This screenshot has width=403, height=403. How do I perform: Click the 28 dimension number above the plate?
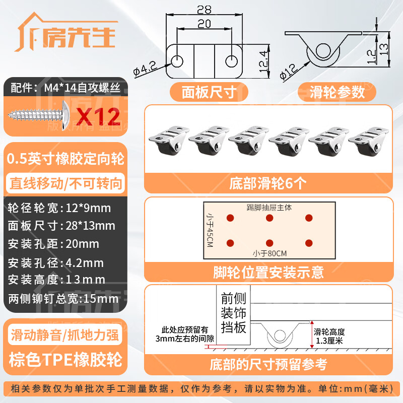point(204,10)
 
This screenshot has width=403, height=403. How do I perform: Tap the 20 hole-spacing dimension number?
point(205,24)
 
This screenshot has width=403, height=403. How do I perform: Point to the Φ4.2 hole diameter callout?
point(145,69)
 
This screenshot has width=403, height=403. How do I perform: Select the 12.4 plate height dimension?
point(263,61)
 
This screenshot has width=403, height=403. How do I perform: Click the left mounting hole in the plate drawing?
point(177,61)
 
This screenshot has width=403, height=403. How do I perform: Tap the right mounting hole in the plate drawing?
point(231,61)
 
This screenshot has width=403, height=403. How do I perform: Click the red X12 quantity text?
point(98,117)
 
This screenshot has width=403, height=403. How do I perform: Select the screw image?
point(39,116)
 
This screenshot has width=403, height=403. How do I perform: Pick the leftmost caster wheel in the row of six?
point(168,140)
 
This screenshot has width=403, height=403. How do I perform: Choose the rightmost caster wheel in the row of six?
point(368,141)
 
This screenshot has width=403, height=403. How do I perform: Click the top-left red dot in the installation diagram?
point(230,218)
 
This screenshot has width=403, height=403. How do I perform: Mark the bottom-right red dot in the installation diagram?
point(309,243)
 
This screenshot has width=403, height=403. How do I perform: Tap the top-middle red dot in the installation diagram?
point(270,218)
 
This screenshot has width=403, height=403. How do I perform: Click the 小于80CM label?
point(270,254)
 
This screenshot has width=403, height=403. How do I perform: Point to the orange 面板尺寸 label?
point(209,92)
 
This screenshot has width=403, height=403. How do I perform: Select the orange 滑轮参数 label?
point(337,92)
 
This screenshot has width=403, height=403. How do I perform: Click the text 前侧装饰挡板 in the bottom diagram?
point(233,312)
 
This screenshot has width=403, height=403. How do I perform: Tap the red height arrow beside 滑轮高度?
point(312,334)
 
